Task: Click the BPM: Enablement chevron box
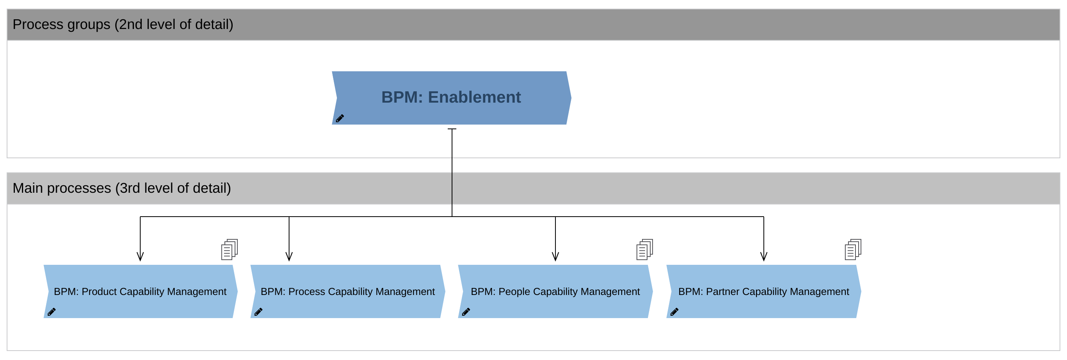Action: click(x=452, y=98)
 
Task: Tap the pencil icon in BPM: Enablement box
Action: click(x=340, y=118)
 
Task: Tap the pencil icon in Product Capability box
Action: click(x=51, y=312)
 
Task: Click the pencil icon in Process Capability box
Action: click(x=258, y=312)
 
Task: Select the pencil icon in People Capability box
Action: click(x=466, y=312)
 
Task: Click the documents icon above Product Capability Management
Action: click(x=229, y=250)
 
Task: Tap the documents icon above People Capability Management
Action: click(x=644, y=250)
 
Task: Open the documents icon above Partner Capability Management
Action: click(x=852, y=250)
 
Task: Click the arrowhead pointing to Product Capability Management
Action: click(x=140, y=257)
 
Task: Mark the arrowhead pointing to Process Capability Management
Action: click(x=289, y=257)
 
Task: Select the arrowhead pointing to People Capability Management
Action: click(x=555, y=257)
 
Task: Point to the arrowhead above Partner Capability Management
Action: click(x=764, y=257)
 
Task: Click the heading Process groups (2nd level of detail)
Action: click(x=123, y=24)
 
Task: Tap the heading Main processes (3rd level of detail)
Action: click(x=122, y=188)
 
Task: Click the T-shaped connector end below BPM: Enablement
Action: click(x=452, y=129)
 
